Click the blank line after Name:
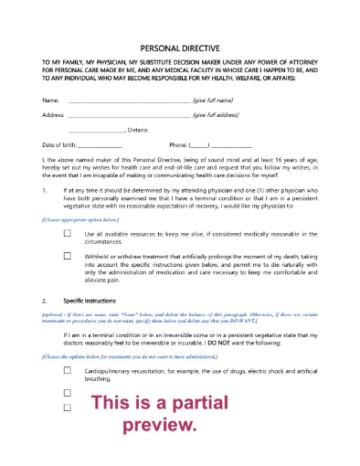128,101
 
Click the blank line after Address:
128,117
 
